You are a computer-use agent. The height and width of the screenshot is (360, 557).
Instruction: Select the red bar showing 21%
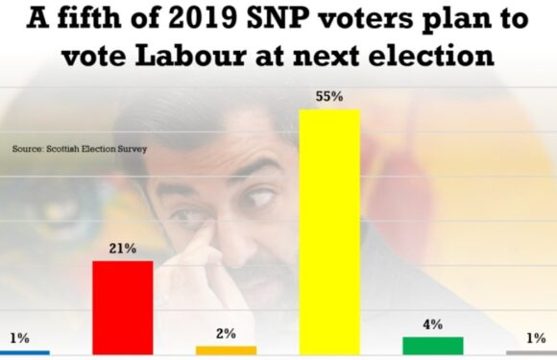122,307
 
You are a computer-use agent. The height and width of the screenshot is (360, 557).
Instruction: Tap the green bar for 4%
432,346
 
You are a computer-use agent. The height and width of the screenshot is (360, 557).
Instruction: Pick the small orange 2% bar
226,350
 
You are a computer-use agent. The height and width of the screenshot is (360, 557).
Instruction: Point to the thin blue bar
24,352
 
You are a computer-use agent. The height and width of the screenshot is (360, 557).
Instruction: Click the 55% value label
329,97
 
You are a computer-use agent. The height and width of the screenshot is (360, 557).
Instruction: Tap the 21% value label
122,248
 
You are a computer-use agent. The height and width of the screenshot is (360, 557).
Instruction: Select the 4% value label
432,324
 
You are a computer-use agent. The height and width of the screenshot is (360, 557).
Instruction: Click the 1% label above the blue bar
19,338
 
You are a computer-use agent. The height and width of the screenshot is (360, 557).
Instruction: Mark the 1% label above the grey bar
535,338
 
